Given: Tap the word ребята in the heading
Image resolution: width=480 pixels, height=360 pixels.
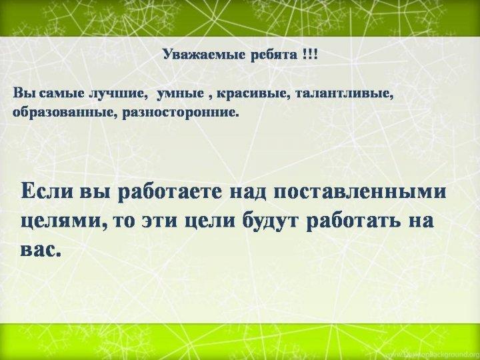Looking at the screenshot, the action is [274, 55].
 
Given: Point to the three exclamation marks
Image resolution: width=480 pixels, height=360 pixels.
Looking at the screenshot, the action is [310, 55].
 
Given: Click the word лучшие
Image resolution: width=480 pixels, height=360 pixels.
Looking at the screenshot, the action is [117, 94].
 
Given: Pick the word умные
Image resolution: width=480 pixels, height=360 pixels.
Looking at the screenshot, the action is [180, 94].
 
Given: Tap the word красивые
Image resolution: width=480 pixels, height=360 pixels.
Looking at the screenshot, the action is [253, 93].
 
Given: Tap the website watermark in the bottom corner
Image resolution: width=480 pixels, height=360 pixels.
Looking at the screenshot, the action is [441, 354].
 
